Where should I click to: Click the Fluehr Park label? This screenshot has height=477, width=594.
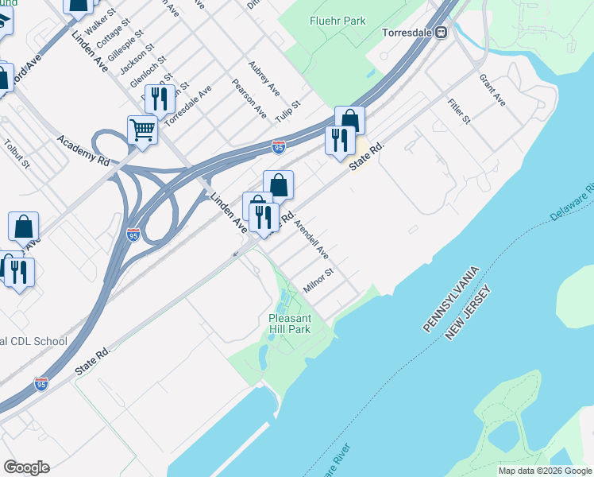(x=338, y=21)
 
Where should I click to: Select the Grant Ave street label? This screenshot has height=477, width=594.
(x=492, y=91)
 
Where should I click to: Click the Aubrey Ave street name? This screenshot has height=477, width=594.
(x=264, y=76)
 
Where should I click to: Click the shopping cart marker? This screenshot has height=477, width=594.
(x=142, y=129)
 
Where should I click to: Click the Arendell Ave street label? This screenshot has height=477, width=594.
(x=311, y=239)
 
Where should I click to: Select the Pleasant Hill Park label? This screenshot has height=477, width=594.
(x=289, y=324)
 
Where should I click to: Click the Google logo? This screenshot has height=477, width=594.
(x=26, y=467)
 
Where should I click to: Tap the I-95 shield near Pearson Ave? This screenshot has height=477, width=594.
(x=278, y=147)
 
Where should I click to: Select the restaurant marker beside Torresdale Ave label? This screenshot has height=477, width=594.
(x=160, y=99)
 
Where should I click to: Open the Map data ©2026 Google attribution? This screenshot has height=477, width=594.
(x=545, y=471)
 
